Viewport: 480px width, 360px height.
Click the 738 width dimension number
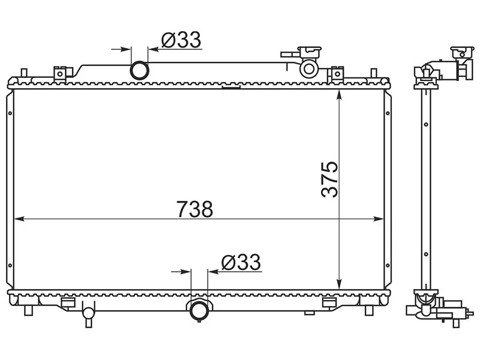point(194,209)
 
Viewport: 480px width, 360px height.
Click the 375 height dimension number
point(329,179)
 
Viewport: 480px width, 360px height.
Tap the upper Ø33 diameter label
point(181,40)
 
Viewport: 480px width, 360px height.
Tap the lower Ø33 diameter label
point(241,262)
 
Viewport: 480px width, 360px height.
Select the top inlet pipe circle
point(140,70)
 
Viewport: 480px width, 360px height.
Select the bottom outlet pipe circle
point(199,310)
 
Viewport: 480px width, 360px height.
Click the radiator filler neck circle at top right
point(309,69)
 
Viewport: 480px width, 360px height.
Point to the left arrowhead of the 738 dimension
point(19,218)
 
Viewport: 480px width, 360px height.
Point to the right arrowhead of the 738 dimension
point(379,218)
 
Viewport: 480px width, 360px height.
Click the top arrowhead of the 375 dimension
point(339,95)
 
